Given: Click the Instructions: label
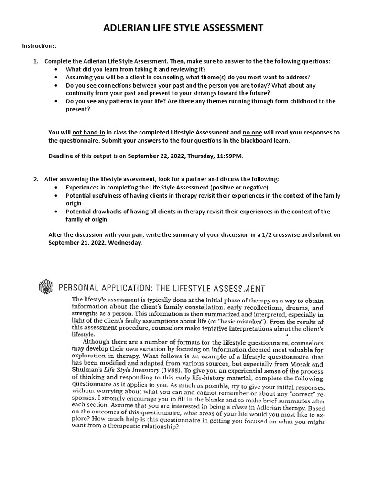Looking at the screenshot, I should tap(39, 46).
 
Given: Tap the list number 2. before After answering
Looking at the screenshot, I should tap(36, 179).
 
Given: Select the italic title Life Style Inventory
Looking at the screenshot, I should tap(117, 371).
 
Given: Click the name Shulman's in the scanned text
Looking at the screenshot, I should tap(85, 371).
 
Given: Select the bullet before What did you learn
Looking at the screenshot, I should tap(57, 69).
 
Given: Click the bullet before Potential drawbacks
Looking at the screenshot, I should tap(57, 212).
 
